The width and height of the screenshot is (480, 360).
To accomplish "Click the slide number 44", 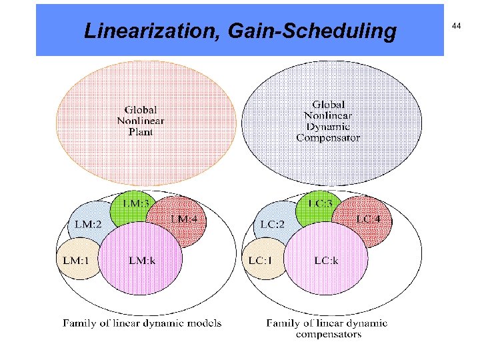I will pyautogui.click(x=456, y=25).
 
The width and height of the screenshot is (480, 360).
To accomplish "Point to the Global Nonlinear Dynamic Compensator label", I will pyautogui.click(x=328, y=121).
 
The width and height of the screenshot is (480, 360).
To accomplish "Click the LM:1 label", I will pyautogui.click(x=75, y=260).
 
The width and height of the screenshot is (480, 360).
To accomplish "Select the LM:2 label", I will pyautogui.click(x=89, y=224).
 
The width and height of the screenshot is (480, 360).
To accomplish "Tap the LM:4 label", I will pyautogui.click(x=184, y=219).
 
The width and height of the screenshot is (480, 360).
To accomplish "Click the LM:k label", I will pyautogui.click(x=143, y=260).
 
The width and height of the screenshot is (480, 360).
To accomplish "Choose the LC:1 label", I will pyautogui.click(x=261, y=260).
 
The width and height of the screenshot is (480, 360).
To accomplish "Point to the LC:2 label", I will pyautogui.click(x=273, y=224).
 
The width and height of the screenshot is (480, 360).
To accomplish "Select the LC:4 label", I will pyautogui.click(x=369, y=219).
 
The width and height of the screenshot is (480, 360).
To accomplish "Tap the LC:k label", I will pyautogui.click(x=327, y=260).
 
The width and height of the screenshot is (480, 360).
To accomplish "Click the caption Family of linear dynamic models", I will pyautogui.click(x=142, y=323).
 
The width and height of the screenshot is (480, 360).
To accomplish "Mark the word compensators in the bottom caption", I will pyautogui.click(x=329, y=334).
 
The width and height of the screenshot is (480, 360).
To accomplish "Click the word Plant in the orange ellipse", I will pyautogui.click(x=141, y=132).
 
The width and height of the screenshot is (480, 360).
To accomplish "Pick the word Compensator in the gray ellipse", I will pyautogui.click(x=328, y=138).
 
